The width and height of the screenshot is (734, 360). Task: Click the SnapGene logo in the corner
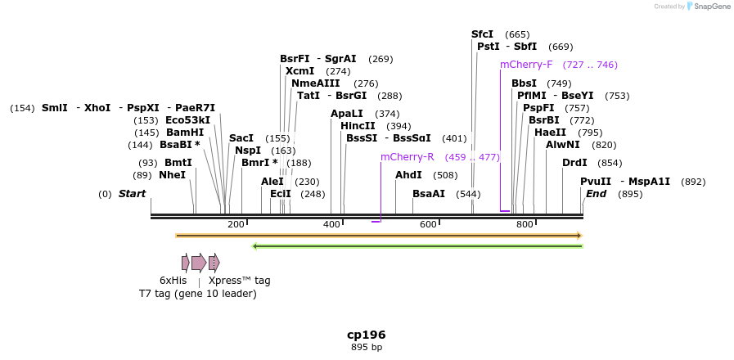point(709,6)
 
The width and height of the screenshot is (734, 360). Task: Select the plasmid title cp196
point(366,335)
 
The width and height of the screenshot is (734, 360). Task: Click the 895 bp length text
point(366,347)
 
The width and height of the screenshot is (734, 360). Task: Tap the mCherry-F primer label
point(526,65)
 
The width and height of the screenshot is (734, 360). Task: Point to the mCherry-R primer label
point(407,157)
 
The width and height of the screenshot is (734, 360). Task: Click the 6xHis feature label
point(173,281)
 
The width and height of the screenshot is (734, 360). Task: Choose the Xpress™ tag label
point(239,281)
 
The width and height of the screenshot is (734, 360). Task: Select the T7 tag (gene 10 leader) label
point(197,294)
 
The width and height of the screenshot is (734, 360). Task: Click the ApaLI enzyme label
point(346,114)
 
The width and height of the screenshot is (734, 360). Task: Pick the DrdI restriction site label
point(574,163)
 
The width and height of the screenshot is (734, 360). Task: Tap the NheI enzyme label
point(172,175)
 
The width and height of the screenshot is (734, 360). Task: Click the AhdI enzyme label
point(408,175)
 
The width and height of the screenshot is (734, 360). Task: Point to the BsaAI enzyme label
point(428,194)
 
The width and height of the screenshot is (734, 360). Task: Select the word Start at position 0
point(132,194)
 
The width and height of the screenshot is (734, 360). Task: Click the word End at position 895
point(596,194)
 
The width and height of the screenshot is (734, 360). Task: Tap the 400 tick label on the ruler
point(331,224)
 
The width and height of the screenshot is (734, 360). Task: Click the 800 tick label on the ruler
point(525,224)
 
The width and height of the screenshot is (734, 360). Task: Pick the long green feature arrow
point(417,245)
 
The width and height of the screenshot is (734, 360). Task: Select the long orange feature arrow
point(378,236)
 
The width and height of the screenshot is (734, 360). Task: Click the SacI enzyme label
point(241,138)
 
